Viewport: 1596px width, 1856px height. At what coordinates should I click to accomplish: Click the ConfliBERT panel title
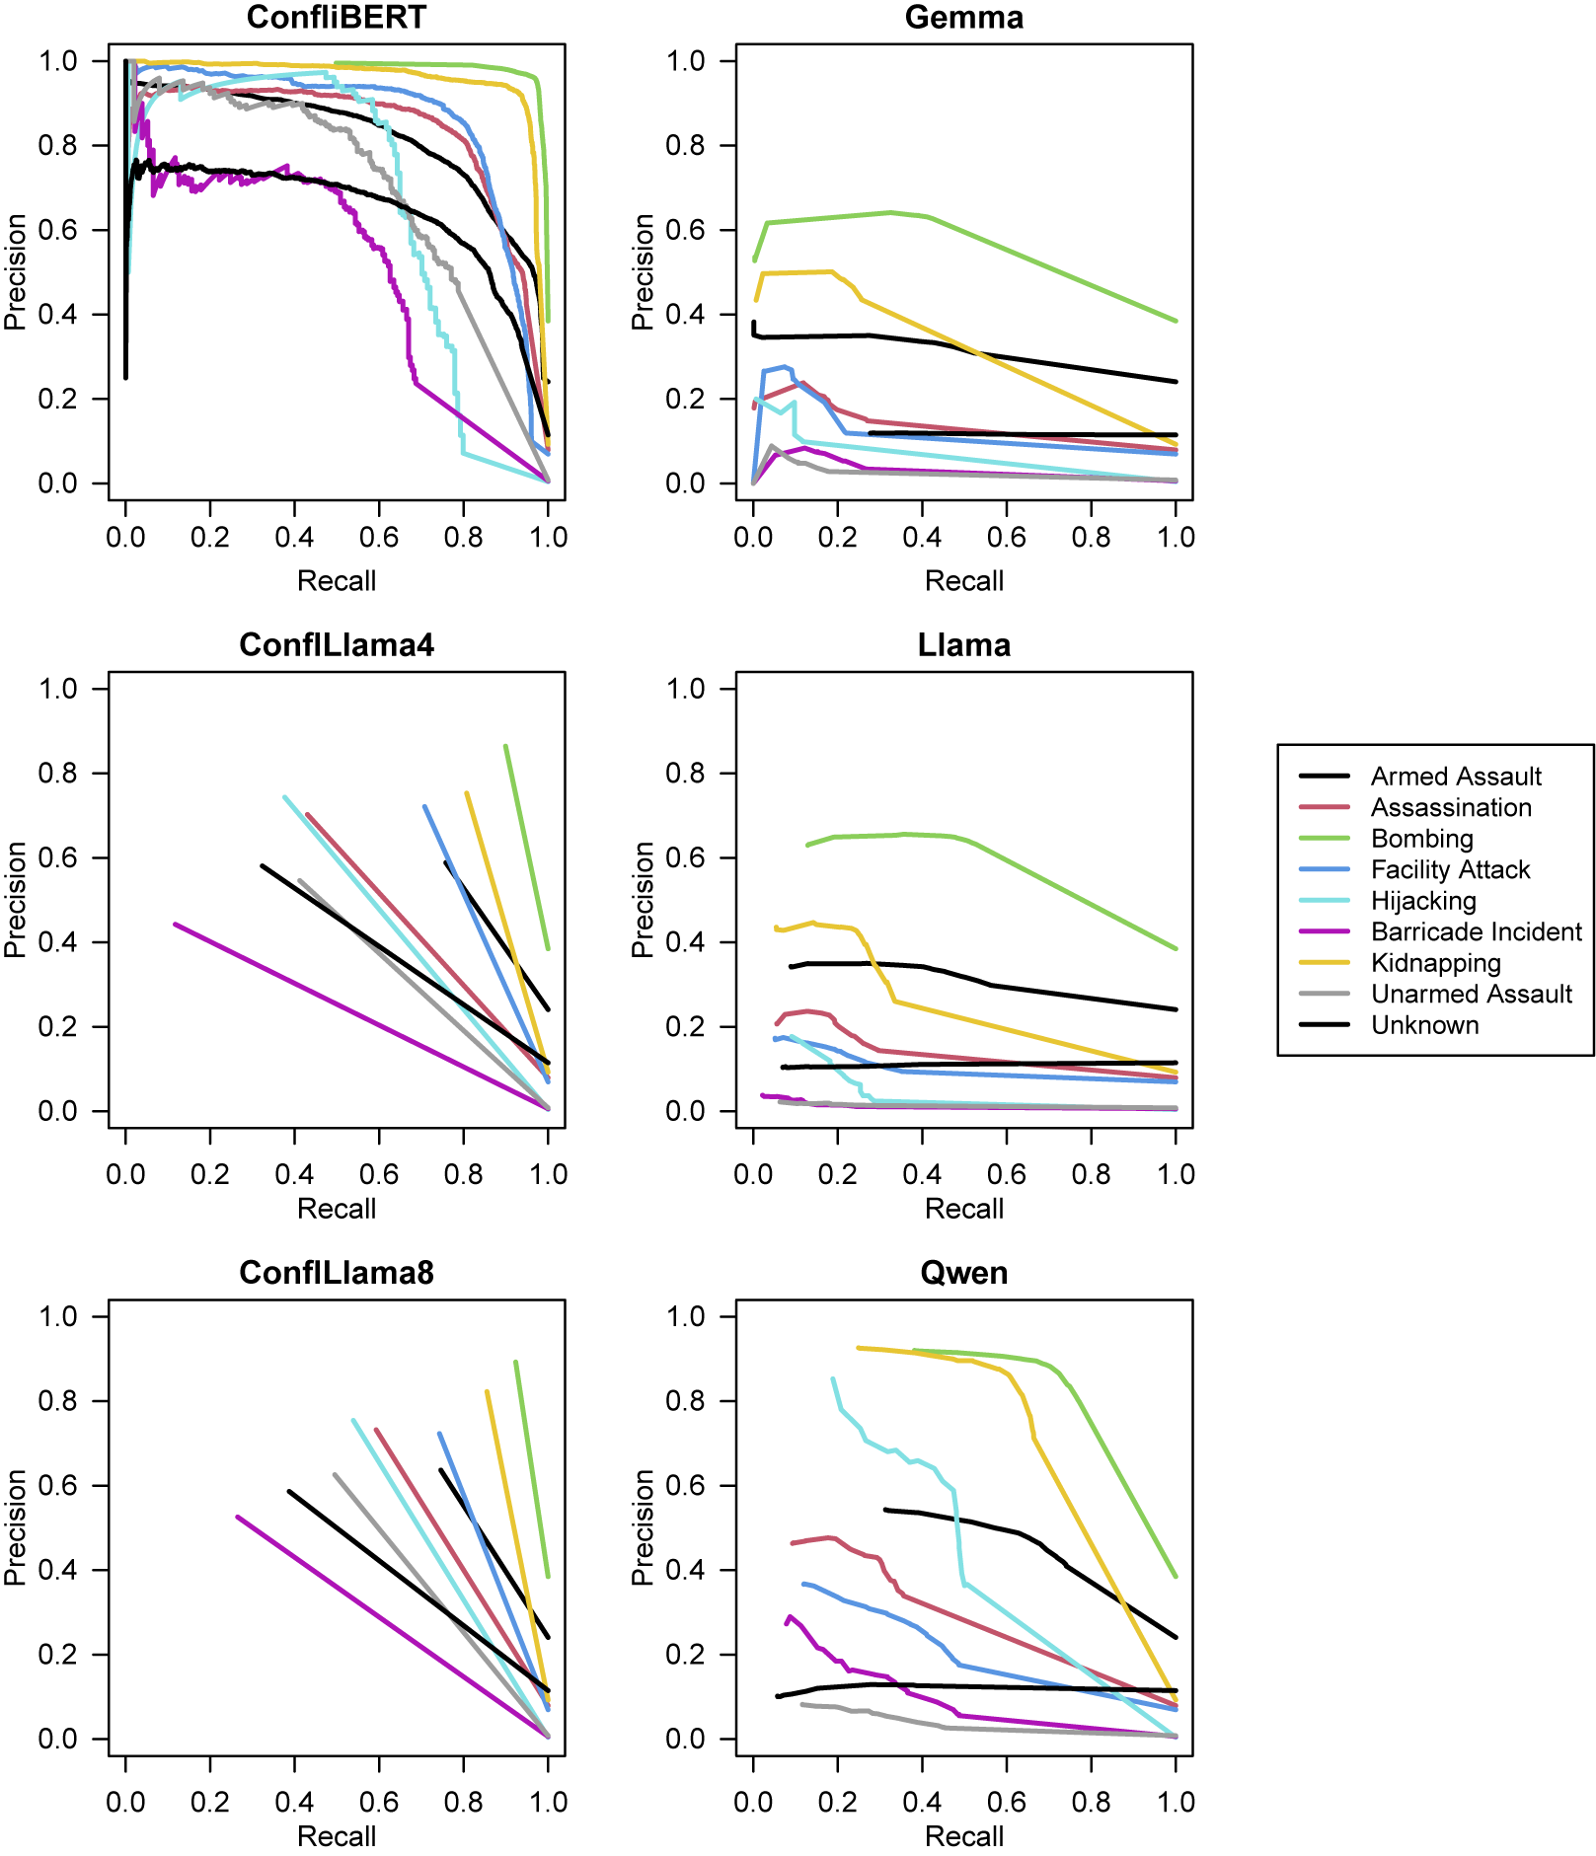[x=336, y=17]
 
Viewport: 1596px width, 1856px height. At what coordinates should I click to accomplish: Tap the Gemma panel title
[x=963, y=17]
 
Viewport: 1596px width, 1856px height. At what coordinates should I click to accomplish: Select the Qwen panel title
[x=963, y=1272]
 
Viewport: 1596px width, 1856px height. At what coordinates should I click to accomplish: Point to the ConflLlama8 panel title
[x=336, y=1272]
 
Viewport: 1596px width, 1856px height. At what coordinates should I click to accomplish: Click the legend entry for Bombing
[x=1421, y=839]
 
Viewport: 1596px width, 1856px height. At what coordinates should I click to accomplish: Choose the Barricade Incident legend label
[x=1476, y=931]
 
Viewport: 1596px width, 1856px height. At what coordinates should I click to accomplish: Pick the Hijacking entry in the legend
[x=1423, y=901]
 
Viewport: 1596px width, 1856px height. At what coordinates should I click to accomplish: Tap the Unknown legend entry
[x=1424, y=1025]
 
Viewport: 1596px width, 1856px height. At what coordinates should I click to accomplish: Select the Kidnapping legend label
[x=1435, y=963]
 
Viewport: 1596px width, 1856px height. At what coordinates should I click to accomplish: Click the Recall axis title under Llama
[x=963, y=1209]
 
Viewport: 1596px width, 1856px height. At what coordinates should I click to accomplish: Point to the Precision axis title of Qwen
[x=643, y=1526]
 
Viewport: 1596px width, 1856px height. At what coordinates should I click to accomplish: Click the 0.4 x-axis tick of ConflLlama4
[x=294, y=1174]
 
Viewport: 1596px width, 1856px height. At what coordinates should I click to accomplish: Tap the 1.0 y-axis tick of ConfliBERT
[x=57, y=61]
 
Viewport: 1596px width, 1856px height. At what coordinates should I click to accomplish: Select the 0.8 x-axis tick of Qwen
[x=1091, y=1802]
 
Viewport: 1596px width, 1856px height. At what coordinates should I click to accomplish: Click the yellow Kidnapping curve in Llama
[x=1036, y=1037]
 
